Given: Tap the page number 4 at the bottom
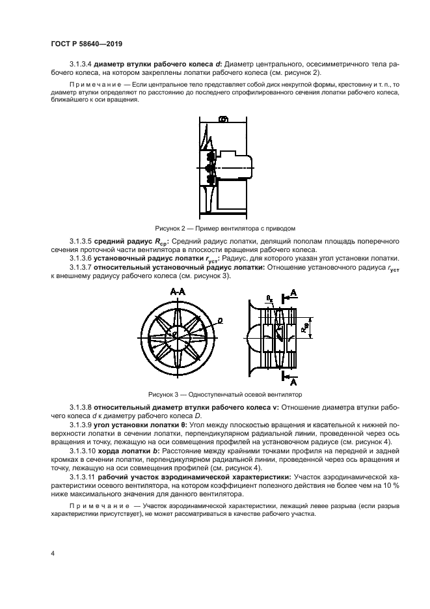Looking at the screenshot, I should [x=53, y=553].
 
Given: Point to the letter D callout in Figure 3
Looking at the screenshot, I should [x=220, y=320].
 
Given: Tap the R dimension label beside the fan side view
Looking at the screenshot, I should [x=305, y=330].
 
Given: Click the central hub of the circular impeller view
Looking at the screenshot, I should [x=176, y=335].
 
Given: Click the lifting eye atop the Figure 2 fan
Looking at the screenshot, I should [x=222, y=119].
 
